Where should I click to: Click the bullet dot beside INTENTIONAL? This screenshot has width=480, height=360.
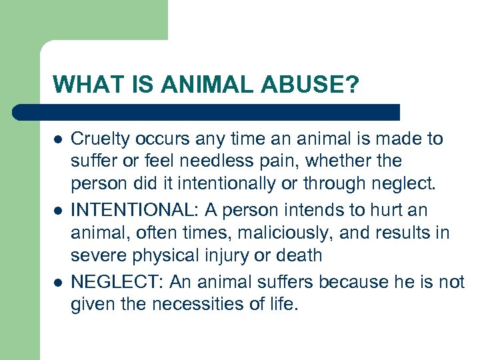point(58,211)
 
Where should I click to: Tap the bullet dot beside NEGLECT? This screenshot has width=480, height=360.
point(58,282)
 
